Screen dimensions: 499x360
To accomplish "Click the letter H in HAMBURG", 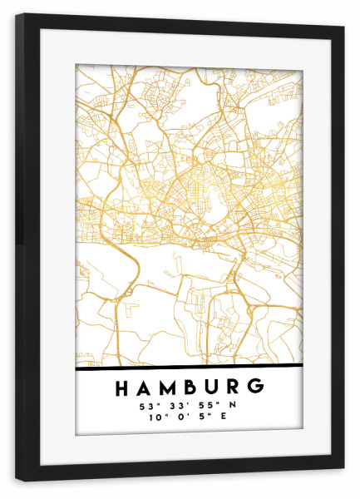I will pos(121,388).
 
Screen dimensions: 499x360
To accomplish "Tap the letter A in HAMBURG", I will pos(142,388).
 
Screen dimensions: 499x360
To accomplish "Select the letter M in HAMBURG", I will pos(165,388).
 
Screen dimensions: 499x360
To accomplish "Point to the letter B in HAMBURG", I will pos(188,388).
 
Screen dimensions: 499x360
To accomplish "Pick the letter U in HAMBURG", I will pos(210,388).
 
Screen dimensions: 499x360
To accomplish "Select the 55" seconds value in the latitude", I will pos(208,406).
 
